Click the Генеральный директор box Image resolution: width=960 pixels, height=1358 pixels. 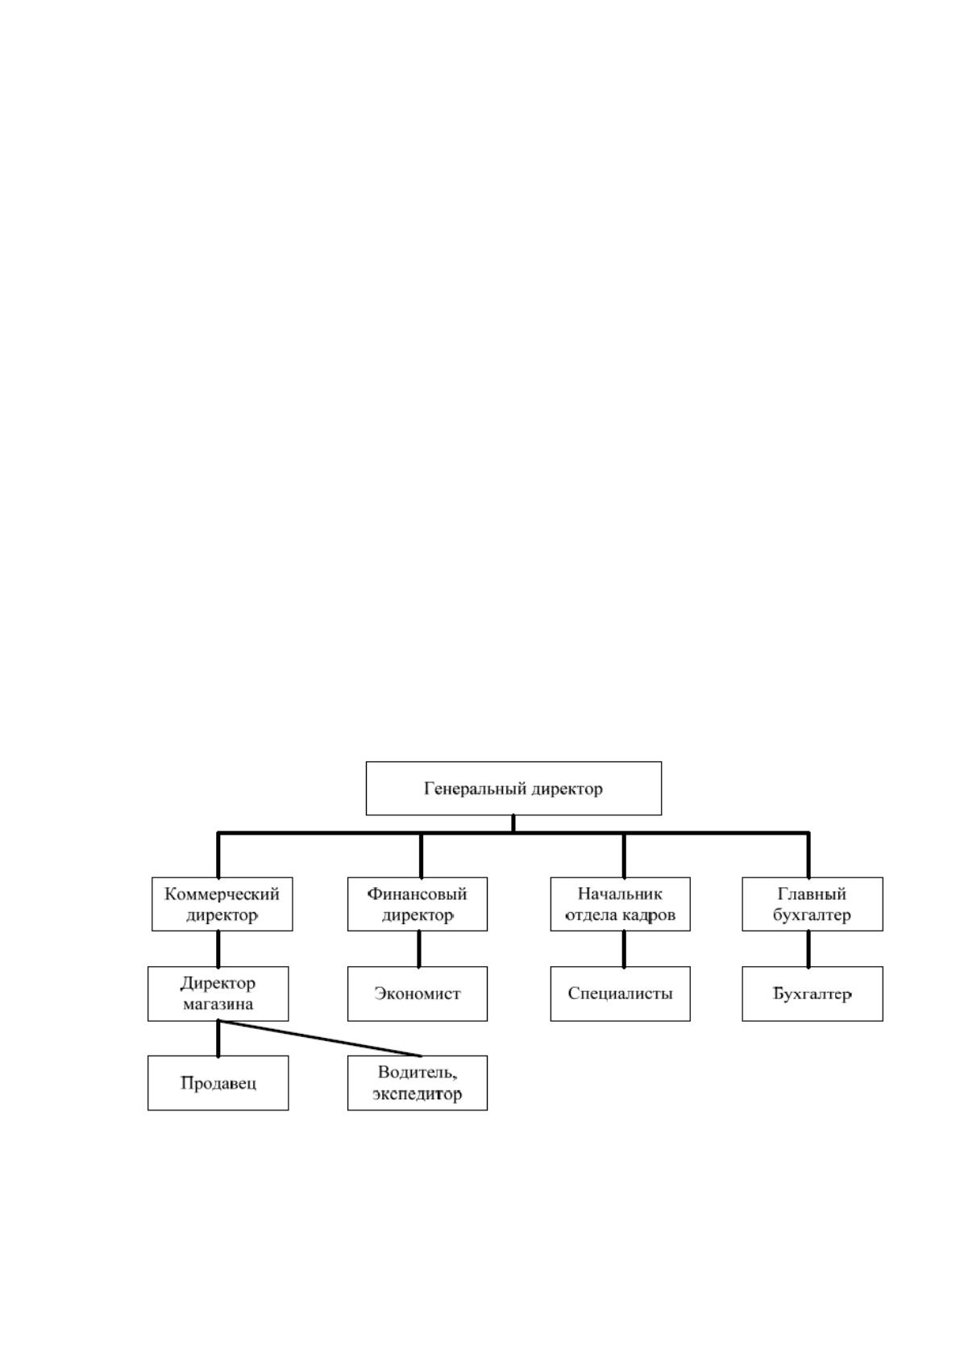click(513, 788)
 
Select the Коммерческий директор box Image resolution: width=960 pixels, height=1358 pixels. click(222, 904)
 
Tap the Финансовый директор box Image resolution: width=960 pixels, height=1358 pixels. click(417, 904)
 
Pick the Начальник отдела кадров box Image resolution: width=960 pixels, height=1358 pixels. click(620, 904)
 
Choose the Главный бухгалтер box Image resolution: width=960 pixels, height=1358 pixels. click(812, 904)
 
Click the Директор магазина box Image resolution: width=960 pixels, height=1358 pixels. click(218, 994)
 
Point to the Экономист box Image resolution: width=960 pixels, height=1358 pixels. click(417, 994)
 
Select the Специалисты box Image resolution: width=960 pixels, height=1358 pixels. click(620, 994)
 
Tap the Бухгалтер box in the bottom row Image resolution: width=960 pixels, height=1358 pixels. click(812, 994)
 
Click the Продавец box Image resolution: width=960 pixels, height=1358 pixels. click(218, 1083)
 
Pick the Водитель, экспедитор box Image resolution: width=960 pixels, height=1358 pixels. click(417, 1083)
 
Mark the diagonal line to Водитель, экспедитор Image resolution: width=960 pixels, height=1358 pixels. click(319, 1039)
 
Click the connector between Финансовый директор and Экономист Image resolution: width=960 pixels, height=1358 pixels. click(419, 949)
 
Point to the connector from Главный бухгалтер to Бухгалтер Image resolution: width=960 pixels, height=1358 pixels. click(808, 949)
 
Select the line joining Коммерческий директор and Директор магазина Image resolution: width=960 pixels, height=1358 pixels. click(218, 949)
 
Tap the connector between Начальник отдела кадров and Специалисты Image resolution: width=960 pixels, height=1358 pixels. click(624, 949)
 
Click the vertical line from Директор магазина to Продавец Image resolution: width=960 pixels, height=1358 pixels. click(218, 1039)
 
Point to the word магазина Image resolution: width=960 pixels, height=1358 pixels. click(218, 1005)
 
